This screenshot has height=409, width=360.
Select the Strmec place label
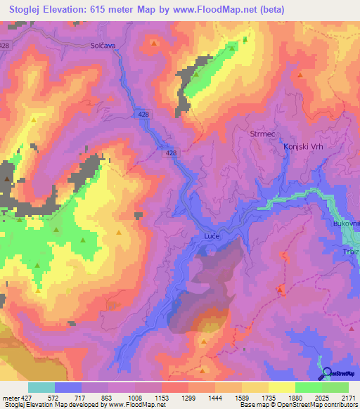tap(262, 133)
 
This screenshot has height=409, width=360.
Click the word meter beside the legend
tap(10, 398)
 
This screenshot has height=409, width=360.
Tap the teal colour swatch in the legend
tap(41, 387)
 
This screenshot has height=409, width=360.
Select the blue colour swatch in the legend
tap(68, 387)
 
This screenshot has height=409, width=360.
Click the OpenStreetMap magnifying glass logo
tap(326, 373)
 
